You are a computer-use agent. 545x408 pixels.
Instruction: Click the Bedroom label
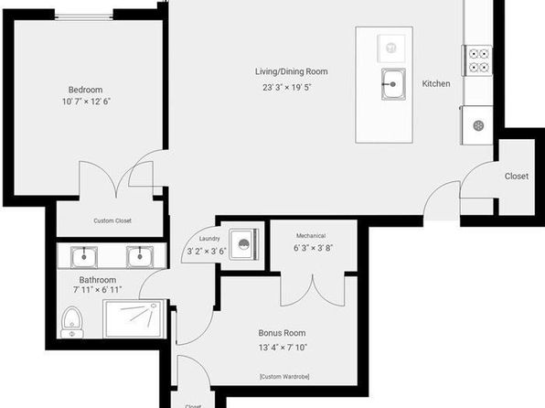pos(86,90)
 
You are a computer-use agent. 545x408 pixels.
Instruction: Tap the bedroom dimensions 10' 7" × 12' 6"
pos(86,102)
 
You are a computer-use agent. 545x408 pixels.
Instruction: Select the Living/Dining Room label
pos(292,71)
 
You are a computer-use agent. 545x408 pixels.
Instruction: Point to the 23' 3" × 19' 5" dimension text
pos(287,87)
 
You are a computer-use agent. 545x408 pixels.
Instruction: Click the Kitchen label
pos(436,83)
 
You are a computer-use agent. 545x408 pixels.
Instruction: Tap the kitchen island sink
pos(393,84)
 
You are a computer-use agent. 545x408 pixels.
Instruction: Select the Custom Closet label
pos(112,220)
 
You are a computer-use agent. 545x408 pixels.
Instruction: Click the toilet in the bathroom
pos(72,322)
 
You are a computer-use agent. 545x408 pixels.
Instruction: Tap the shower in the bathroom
pos(134,318)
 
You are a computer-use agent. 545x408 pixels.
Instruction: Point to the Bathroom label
pos(98,280)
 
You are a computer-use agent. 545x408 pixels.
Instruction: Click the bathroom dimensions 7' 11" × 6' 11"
pos(97,289)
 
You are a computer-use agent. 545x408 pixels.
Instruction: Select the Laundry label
pos(209,239)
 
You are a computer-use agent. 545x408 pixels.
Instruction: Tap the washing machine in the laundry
pos(244,244)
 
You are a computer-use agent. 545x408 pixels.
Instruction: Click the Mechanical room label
pos(311,235)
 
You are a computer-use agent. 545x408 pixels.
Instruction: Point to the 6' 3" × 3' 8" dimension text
pos(313,248)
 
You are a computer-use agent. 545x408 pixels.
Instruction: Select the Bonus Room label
pos(282,333)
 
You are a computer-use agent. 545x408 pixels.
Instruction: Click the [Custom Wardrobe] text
pos(284,376)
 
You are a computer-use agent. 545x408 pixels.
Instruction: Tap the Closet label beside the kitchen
pos(517,177)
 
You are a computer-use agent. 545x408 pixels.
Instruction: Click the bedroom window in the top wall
pos(84,15)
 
